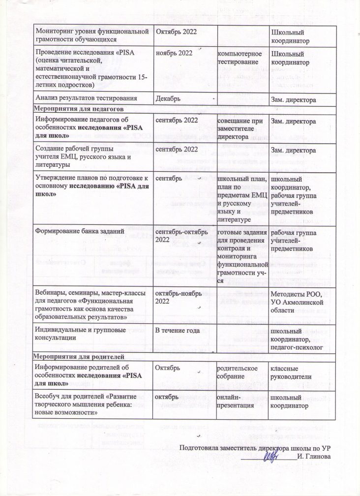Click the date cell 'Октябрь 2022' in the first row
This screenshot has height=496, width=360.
176,31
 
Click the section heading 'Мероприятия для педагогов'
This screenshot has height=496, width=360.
78,108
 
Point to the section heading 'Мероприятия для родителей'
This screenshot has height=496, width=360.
78,356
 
